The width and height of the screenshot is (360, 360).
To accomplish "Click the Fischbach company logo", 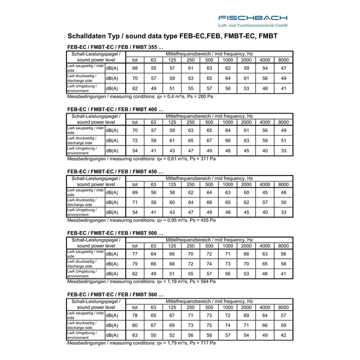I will point(253,20).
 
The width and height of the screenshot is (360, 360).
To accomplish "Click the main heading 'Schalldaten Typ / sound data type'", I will point(172,37).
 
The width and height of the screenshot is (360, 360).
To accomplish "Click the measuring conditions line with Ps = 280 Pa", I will point(140,96).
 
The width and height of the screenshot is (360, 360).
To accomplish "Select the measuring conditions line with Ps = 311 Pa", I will point(141,158).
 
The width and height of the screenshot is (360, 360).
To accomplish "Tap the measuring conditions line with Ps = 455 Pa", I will point(141,220).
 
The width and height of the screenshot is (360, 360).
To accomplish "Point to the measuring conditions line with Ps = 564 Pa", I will point(141,281).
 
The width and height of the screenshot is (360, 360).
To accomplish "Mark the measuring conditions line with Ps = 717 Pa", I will point(141,343).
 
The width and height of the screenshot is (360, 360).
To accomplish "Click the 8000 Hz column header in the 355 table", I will point(283,60).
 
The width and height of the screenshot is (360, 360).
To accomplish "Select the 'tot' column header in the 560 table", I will point(135,307).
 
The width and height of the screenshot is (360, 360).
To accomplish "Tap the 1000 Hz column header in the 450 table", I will point(228,184).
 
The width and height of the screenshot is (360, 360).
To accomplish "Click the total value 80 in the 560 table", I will point(135,325).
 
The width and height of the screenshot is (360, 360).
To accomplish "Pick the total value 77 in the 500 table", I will point(135,254).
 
